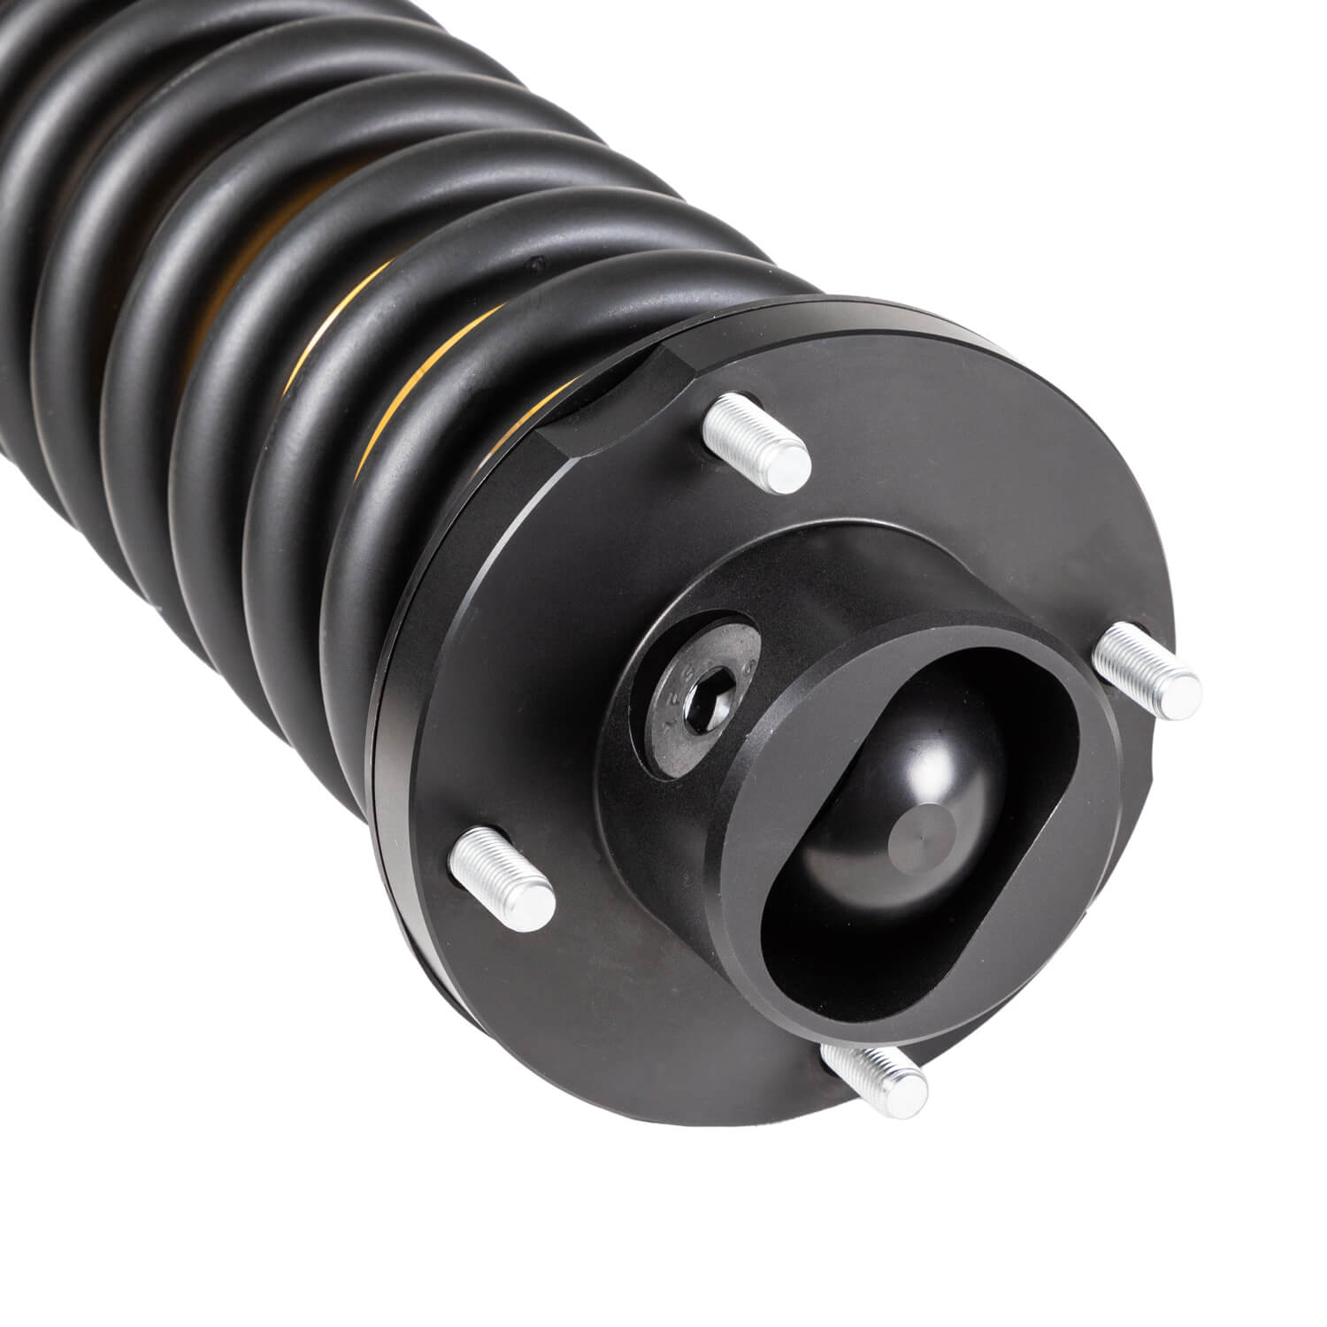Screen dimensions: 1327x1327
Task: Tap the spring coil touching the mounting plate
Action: (x=416, y=495)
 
